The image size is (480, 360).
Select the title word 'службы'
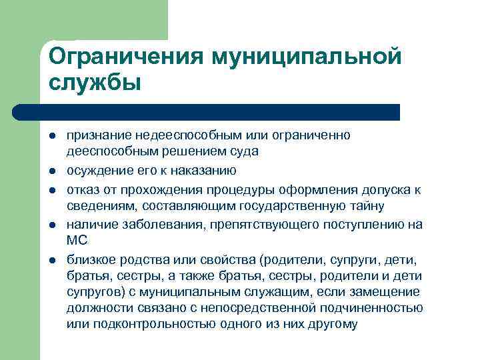(95, 84)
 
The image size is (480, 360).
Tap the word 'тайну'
(366, 207)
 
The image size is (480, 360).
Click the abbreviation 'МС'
(78, 240)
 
